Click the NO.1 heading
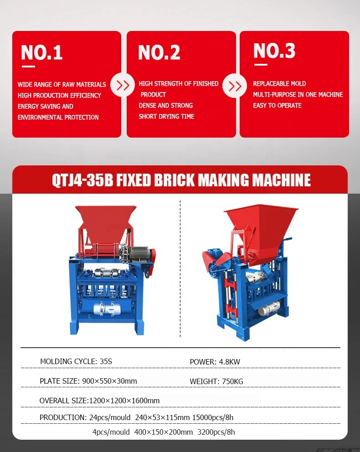coord(41,53)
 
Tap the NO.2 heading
coord(159,53)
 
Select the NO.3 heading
coord(274,51)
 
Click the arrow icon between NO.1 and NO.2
coord(123,85)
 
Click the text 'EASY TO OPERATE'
coord(277,106)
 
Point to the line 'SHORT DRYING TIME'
coord(166,117)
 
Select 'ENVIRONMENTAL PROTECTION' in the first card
coord(58,118)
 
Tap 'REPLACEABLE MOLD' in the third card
coord(279,84)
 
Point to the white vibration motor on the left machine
coord(105,308)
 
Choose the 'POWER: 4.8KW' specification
coord(215,362)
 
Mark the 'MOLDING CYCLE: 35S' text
coord(76,362)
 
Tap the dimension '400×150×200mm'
coord(164,432)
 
